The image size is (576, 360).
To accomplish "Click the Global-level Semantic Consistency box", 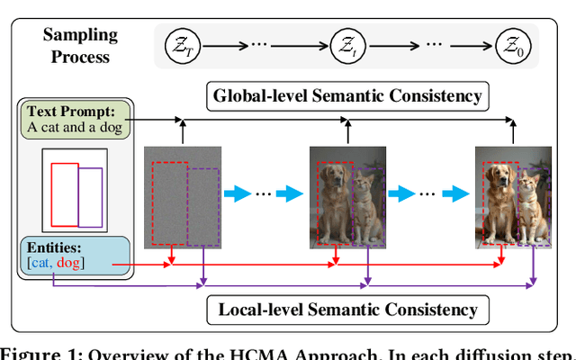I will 346,95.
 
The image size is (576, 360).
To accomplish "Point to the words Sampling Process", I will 80,45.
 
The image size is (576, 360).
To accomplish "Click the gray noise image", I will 183,197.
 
